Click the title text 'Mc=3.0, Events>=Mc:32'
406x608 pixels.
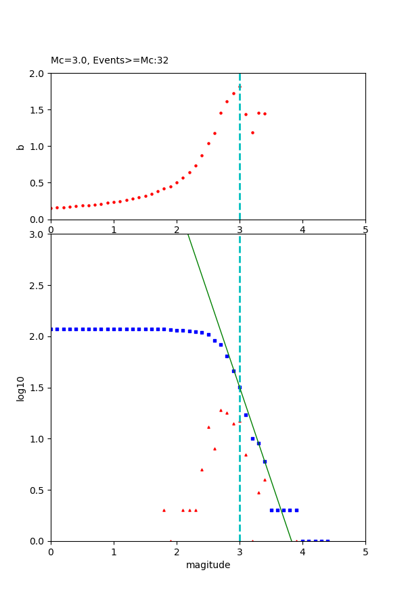click(110, 61)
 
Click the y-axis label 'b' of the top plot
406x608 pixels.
click(20, 147)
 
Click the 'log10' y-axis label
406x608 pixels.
click(20, 388)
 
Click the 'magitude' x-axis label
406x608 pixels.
click(208, 565)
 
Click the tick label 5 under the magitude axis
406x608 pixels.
click(365, 552)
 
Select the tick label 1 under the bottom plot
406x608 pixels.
click(114, 552)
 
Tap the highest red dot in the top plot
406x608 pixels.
click(240, 87)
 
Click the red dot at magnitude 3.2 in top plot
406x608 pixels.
click(252, 132)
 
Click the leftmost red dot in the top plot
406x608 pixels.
click(51, 208)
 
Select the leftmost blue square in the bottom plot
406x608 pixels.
click(51, 329)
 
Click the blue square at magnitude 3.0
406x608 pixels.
click(240, 387)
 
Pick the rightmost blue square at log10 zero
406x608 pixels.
click(328, 540)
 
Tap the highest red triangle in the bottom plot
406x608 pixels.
click(221, 410)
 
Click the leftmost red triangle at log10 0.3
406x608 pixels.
click(164, 510)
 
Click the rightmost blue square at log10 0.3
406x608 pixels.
click(296, 510)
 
